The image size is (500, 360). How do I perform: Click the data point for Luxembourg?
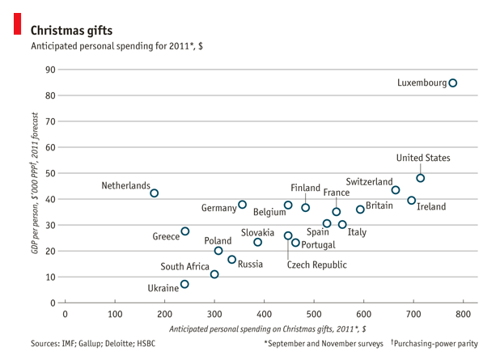click(453, 83)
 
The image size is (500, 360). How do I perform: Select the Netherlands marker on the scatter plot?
click(155, 193)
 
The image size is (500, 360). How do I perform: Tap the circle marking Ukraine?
click(184, 285)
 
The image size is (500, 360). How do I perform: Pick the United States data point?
click(421, 178)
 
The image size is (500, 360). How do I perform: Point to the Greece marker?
click(185, 231)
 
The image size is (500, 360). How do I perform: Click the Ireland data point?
click(412, 201)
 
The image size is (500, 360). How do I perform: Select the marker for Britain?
click(361, 210)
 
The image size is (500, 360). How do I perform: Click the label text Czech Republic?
click(316, 265)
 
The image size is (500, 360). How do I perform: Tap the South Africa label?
click(184, 266)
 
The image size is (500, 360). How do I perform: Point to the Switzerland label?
click(369, 182)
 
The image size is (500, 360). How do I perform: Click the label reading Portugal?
click(318, 244)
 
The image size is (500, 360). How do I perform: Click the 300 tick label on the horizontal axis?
click(214, 314)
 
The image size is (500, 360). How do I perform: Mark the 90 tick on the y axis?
click(51, 70)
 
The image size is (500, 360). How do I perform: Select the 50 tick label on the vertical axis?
click(51, 173)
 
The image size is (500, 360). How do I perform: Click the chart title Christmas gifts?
click(72, 30)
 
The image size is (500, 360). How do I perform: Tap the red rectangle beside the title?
click(17, 23)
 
